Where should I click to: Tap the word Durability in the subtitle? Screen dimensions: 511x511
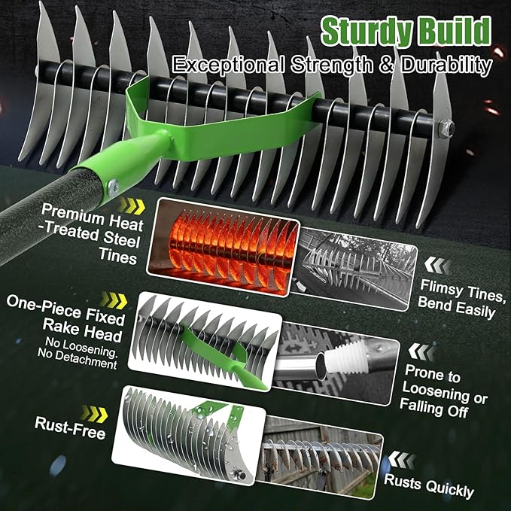click(446, 66)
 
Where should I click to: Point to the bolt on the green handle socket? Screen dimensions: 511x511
click(113, 187)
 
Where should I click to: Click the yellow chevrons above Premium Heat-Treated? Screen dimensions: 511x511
click(132, 206)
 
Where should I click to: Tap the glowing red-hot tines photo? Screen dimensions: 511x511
click(224, 248)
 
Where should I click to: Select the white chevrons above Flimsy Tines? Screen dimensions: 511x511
click(437, 265)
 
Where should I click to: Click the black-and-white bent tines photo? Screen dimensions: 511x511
click(354, 269)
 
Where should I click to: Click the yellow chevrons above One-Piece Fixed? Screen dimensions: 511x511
click(114, 300)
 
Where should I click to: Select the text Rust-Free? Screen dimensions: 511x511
click(70, 427)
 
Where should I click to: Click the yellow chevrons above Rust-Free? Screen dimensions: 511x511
click(95, 414)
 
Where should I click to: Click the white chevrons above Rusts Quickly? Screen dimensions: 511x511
click(402, 460)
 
